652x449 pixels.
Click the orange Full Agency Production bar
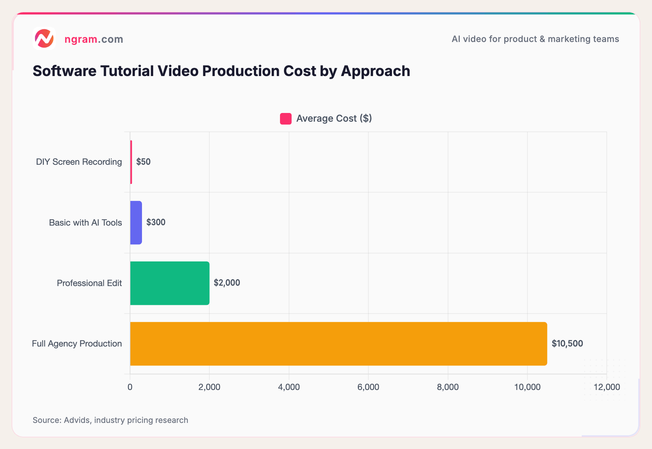[x=338, y=344]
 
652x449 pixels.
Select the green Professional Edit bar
[x=170, y=283]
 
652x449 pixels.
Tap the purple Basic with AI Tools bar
[x=136, y=223]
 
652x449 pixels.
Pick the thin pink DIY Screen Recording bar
[x=131, y=162]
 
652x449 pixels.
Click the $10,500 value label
[x=567, y=344]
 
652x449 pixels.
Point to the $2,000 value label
[x=227, y=283]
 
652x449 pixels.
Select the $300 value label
[x=156, y=222]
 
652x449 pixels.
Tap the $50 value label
[x=143, y=162]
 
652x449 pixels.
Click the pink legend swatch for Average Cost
[x=285, y=119]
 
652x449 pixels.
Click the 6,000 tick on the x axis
[x=368, y=387]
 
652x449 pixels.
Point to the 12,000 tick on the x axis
[x=607, y=387]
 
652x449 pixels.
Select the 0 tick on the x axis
[x=130, y=387]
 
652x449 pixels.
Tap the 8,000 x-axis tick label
[x=448, y=387]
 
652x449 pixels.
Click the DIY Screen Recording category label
[x=79, y=162]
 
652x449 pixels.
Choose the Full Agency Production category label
[x=77, y=344]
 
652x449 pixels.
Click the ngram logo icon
[x=44, y=38]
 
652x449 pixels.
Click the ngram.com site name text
[x=94, y=39]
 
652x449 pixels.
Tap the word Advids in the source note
[x=77, y=420]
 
